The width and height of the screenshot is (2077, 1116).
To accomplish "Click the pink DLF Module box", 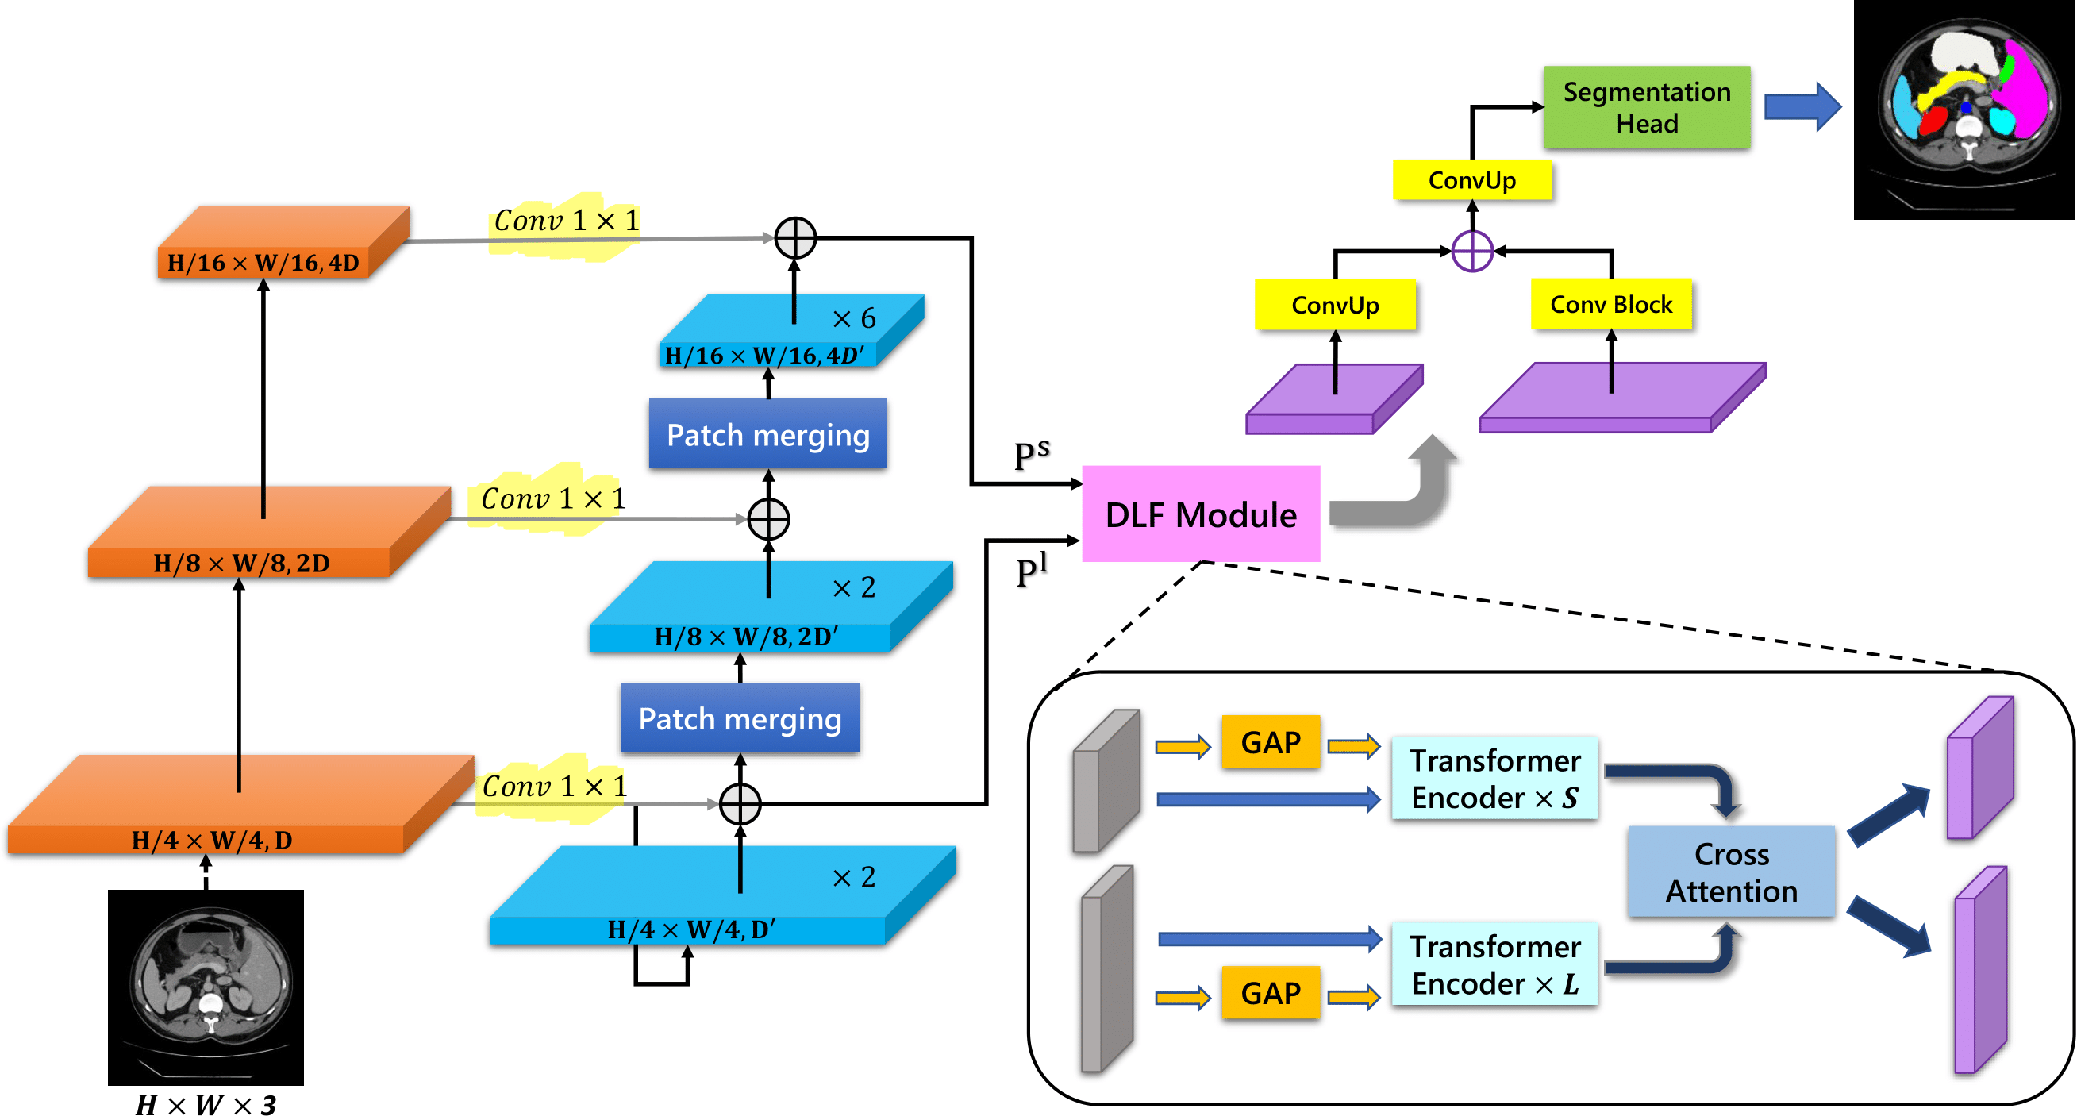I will (x=1201, y=514).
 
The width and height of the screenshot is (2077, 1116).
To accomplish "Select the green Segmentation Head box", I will (x=1647, y=107).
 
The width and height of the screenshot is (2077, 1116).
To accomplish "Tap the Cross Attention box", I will (x=1731, y=872).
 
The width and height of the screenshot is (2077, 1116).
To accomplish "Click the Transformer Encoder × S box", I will (x=1495, y=778).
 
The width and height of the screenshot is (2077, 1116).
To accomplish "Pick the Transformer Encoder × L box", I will (x=1495, y=964).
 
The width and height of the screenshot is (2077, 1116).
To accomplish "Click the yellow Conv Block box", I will (x=1610, y=304).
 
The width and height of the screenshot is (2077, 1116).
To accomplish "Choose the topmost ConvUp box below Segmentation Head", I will (x=1471, y=180).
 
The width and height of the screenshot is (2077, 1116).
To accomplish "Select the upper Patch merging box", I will (x=767, y=435).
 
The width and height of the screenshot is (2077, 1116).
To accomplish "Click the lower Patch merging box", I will (x=740, y=718).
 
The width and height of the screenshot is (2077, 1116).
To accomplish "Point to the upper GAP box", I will (x=1270, y=742).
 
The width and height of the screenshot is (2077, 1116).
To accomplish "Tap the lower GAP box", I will (x=1270, y=993).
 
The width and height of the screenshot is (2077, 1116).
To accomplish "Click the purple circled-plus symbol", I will (x=1471, y=251).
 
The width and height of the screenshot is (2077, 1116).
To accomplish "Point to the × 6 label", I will (x=854, y=318).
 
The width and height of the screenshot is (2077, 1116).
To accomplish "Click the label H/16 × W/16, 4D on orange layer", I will (x=263, y=263).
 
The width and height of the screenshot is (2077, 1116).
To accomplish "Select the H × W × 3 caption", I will (x=206, y=1104).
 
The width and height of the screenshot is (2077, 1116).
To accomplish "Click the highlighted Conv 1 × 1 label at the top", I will (x=566, y=221).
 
